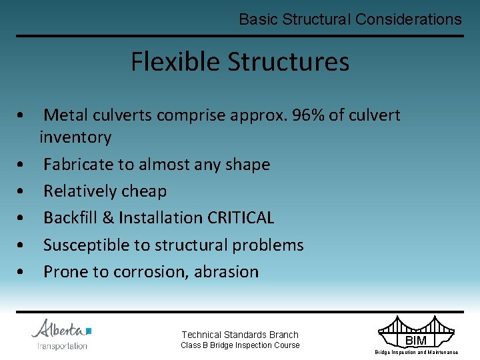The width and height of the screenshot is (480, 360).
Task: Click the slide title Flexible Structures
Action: click(x=240, y=62)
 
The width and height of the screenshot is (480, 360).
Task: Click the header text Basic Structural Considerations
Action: click(x=350, y=19)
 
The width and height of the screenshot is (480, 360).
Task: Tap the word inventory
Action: click(x=75, y=137)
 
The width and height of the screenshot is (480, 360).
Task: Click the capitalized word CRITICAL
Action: click(x=241, y=218)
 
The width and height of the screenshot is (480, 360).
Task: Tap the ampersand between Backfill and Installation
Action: click(x=109, y=218)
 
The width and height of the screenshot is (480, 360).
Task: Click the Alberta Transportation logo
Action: click(x=61, y=335)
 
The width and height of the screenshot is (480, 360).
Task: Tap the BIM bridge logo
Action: click(x=416, y=333)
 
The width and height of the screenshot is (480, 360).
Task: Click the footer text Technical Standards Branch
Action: click(x=240, y=335)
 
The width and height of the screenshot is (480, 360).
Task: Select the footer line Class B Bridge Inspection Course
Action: click(x=240, y=345)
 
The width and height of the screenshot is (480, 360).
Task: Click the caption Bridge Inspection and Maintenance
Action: click(x=416, y=352)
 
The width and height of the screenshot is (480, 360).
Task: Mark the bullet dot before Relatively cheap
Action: click(x=23, y=192)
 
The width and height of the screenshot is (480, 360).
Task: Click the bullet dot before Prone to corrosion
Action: click(x=23, y=273)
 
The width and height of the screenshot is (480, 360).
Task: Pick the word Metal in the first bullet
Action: click(x=65, y=115)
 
